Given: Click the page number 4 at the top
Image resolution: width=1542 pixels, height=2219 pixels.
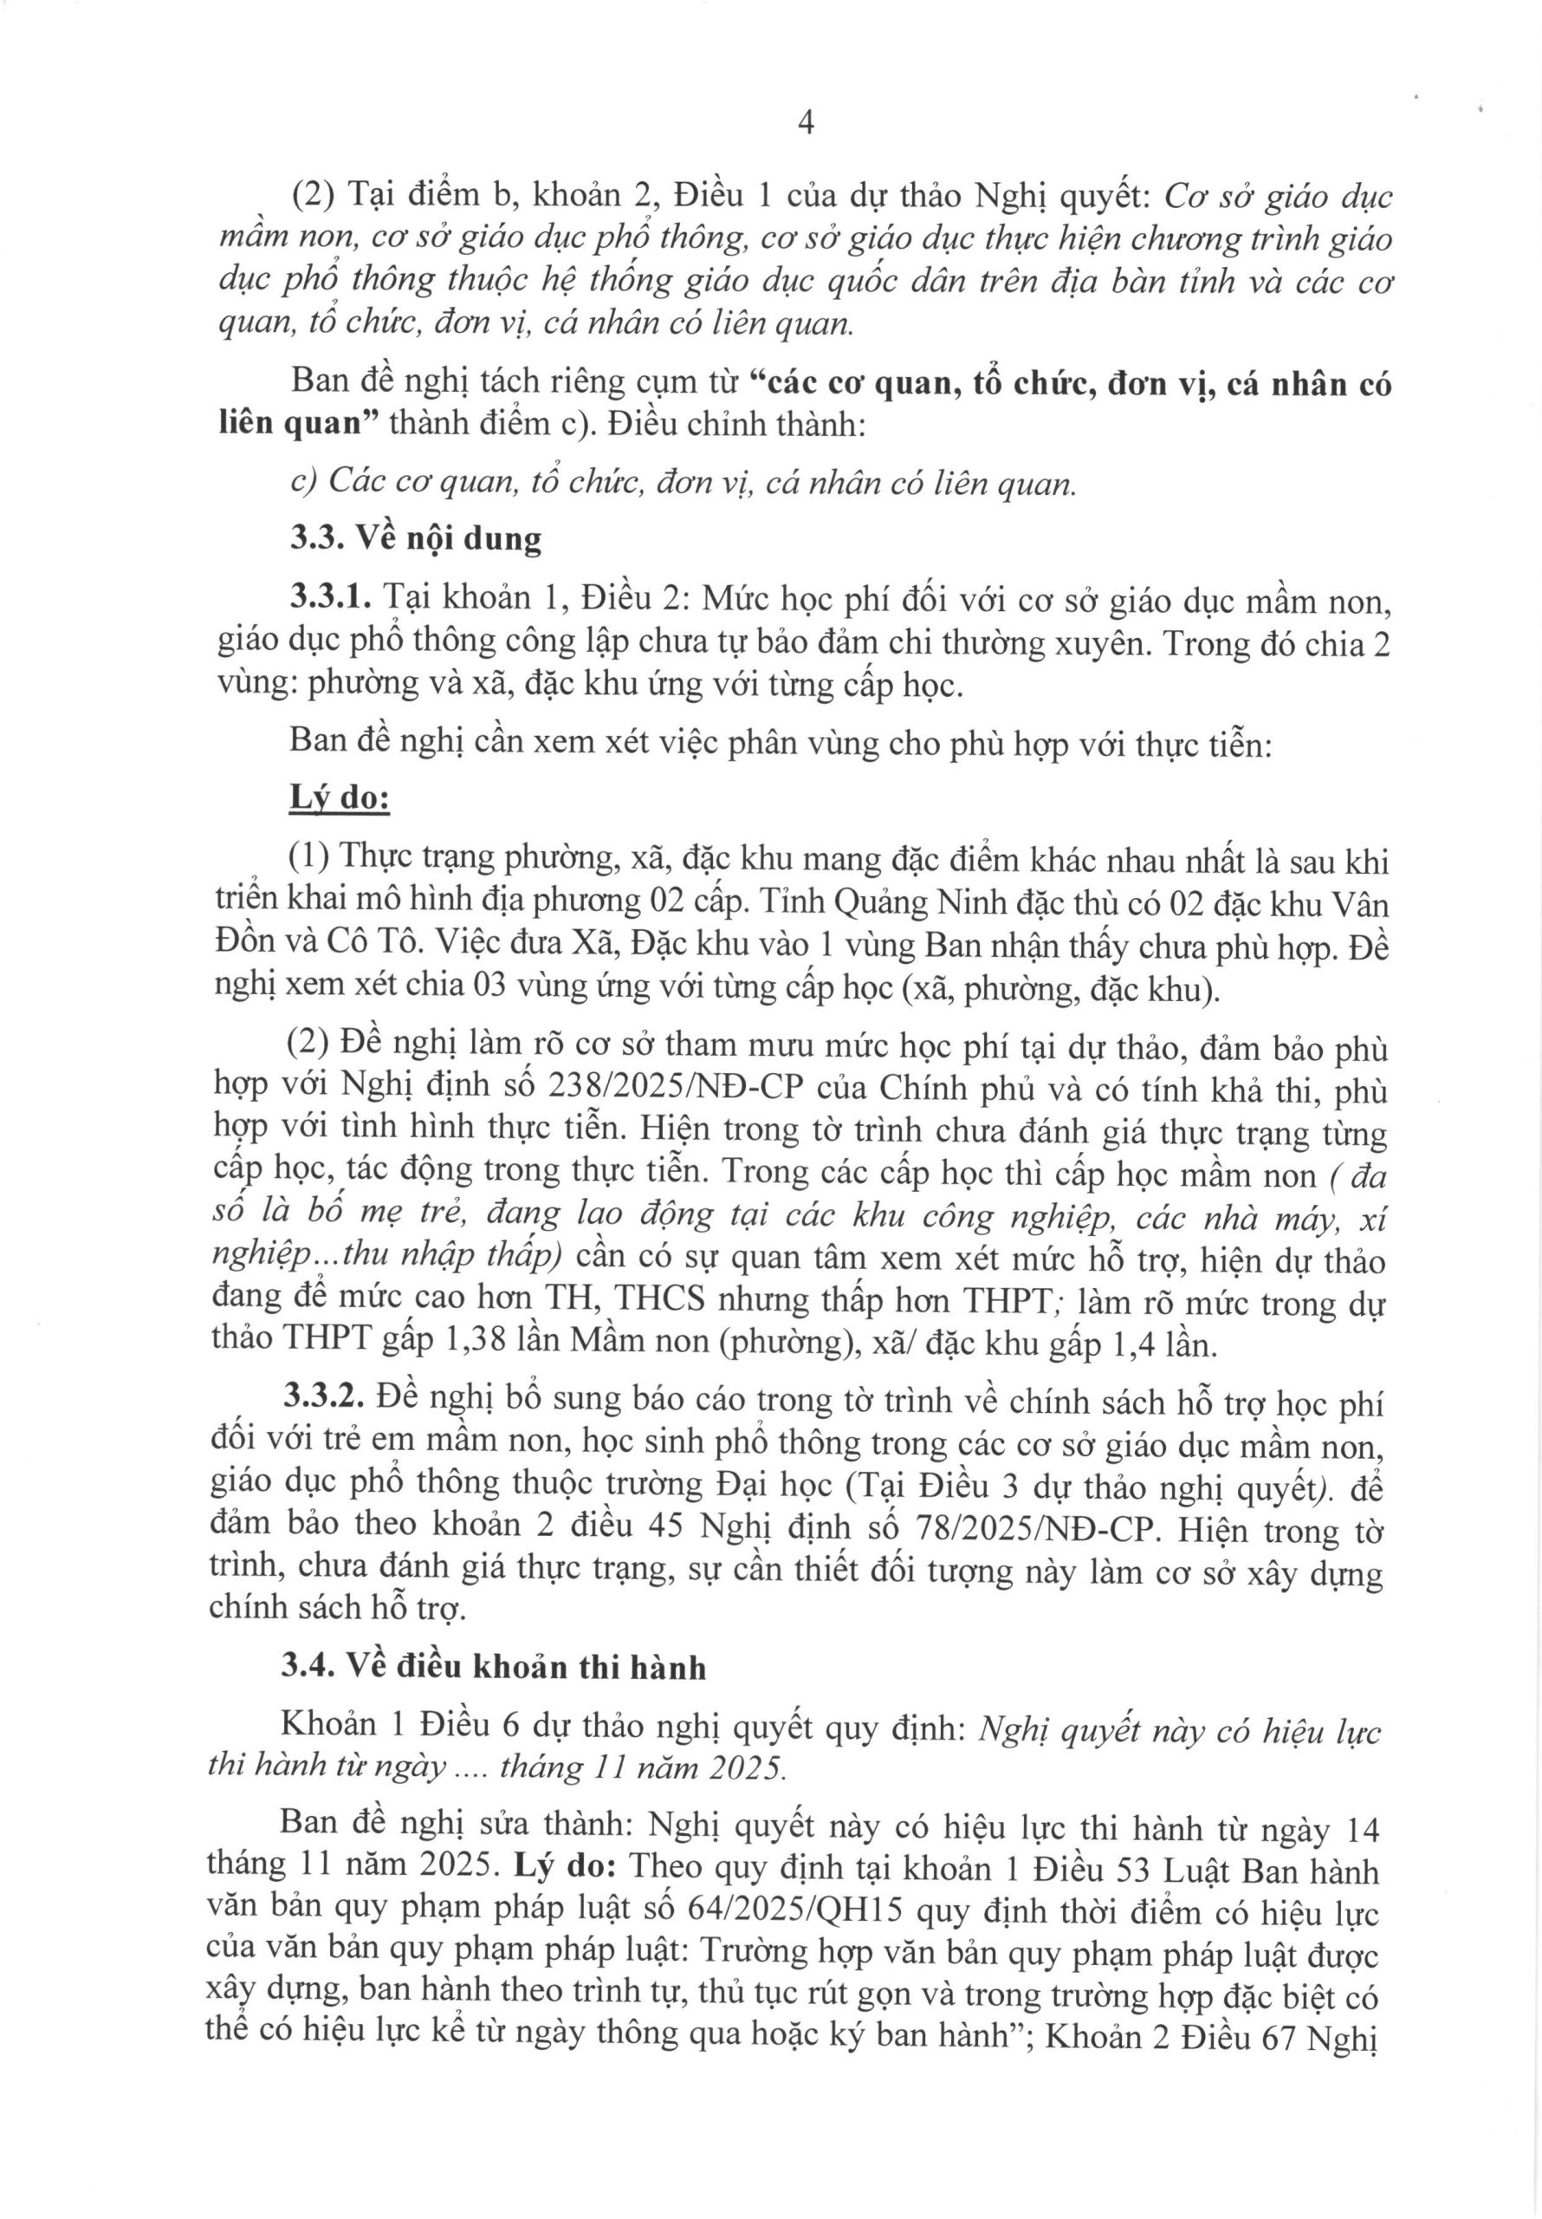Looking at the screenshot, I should coord(807,125).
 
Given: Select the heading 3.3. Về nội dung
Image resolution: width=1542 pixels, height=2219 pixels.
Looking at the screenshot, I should coord(417,538).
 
